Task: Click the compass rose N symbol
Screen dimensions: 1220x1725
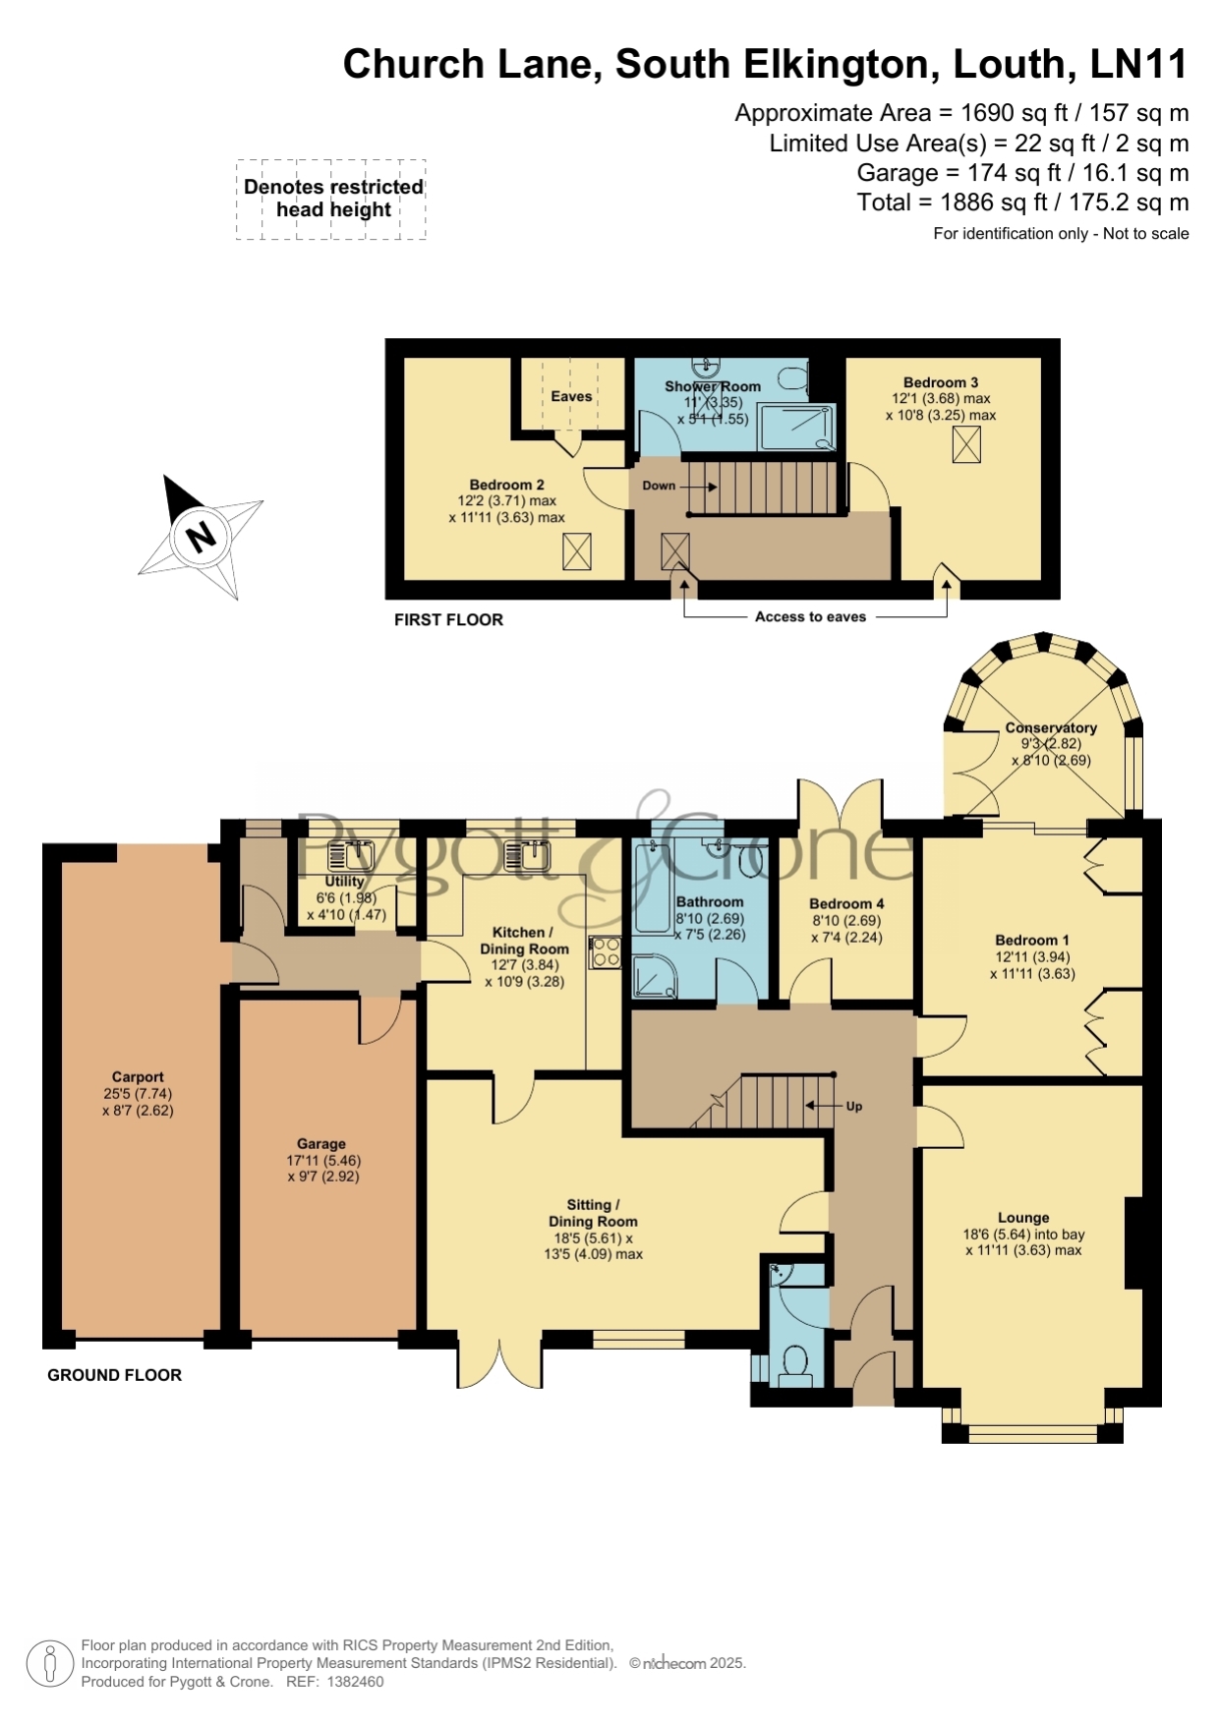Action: [201, 537]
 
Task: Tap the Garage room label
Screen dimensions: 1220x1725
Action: [321, 1144]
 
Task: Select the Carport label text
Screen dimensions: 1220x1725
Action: [138, 1077]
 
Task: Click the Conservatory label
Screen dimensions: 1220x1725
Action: [1051, 728]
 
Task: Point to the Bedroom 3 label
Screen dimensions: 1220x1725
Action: [941, 382]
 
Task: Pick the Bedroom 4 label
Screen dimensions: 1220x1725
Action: [846, 904]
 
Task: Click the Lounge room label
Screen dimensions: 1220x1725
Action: [1023, 1218]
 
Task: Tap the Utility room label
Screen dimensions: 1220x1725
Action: [344, 882]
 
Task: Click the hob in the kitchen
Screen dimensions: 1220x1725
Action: [605, 952]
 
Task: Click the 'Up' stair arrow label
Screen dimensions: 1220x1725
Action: [854, 1106]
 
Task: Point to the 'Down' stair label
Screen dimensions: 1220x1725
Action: [659, 486]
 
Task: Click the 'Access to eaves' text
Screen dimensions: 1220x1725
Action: [810, 617]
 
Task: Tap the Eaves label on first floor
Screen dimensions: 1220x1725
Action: [571, 396]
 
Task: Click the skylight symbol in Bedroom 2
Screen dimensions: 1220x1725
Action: [577, 551]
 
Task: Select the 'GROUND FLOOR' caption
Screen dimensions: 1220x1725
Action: [115, 1375]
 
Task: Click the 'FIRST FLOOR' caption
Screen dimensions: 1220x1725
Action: [448, 619]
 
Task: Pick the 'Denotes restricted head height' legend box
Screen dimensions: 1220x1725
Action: [331, 200]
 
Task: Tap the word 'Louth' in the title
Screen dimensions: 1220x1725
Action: [1010, 64]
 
